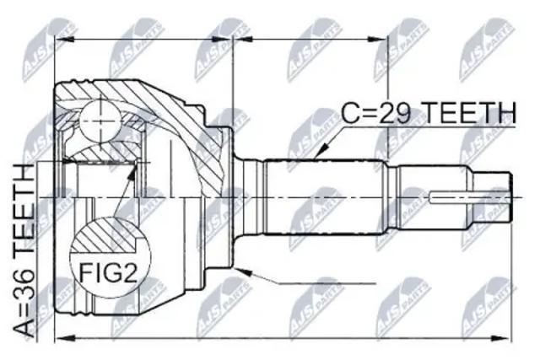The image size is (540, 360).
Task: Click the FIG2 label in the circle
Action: [x=109, y=274]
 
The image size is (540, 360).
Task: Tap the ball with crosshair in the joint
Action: [x=100, y=121]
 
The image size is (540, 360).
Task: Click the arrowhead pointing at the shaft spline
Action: [x=322, y=152]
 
